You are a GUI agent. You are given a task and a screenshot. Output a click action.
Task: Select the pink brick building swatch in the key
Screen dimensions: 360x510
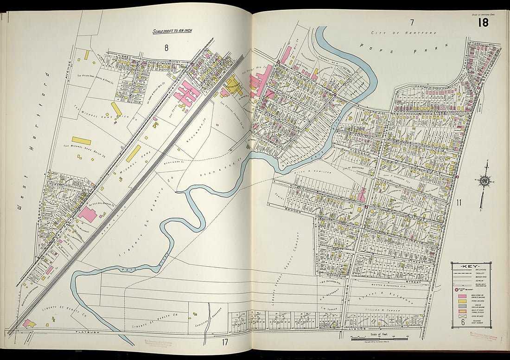click(x=462, y=296)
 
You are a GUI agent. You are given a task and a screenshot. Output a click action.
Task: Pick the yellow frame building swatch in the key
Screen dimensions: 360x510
click(x=462, y=301)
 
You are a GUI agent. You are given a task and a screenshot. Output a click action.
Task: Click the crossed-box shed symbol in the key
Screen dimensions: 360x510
click(x=462, y=318)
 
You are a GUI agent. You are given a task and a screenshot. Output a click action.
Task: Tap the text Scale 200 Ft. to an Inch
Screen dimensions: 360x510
click(x=172, y=32)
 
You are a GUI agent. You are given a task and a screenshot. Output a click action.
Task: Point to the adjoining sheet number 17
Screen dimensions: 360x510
click(x=225, y=343)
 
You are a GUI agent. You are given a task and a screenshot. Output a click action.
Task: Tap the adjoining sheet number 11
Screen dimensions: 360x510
click(x=459, y=202)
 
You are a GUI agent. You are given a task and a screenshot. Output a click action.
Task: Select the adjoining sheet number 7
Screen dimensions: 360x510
click(x=411, y=22)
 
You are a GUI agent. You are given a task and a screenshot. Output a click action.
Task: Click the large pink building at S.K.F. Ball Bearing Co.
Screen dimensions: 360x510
click(x=88, y=214)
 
